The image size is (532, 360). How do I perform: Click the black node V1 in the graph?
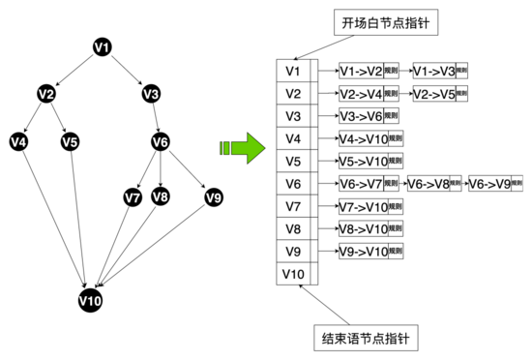point(103,45)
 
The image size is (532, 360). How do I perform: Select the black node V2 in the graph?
point(46,93)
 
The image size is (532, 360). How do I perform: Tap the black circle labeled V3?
point(151,94)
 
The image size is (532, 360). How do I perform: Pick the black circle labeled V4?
point(19,141)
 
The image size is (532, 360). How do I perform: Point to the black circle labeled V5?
point(69,141)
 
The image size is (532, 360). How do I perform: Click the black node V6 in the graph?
point(162,141)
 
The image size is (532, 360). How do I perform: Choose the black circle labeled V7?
point(133,198)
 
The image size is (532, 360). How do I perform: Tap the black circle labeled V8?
point(161,197)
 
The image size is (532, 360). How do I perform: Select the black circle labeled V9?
point(214,198)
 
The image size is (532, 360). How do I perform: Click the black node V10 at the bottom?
point(90,301)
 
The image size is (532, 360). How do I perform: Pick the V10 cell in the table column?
point(293,274)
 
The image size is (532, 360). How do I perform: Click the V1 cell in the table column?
point(293,71)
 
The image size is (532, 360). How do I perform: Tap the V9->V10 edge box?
point(363,252)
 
